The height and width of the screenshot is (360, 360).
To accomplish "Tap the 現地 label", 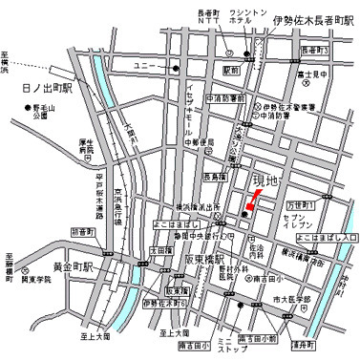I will tap(265, 180).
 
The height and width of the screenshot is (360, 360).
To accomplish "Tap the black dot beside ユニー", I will tap(176, 69).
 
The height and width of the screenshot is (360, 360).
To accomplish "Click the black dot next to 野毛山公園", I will tap(25, 119).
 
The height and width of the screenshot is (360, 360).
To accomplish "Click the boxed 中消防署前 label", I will tap(228, 98).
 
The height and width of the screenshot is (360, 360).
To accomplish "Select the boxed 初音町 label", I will tap(83, 231).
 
